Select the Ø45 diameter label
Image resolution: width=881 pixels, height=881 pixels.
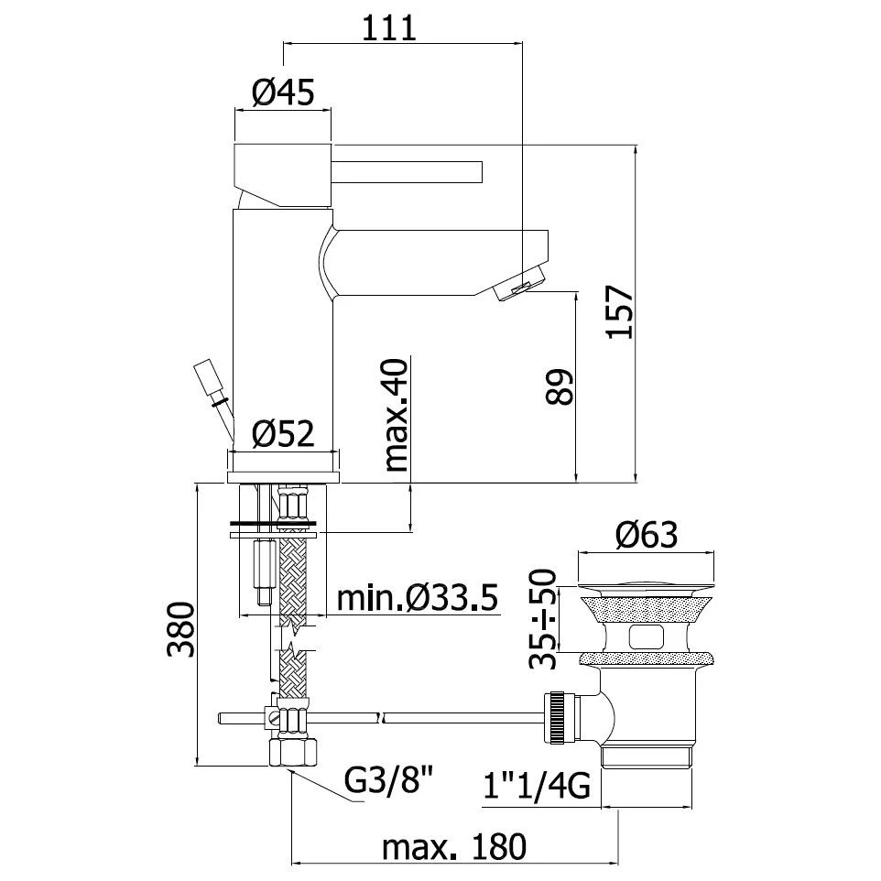point(282,92)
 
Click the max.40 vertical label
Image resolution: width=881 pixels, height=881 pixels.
point(396,414)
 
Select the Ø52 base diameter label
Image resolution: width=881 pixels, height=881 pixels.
point(283,433)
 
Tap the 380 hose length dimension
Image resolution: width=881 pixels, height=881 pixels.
point(181,630)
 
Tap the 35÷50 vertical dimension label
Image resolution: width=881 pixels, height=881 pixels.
point(546,619)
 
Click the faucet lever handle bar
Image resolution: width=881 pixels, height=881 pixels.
point(408,171)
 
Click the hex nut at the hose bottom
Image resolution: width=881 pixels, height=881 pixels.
point(293,752)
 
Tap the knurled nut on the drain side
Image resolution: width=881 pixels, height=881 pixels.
point(558,717)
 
